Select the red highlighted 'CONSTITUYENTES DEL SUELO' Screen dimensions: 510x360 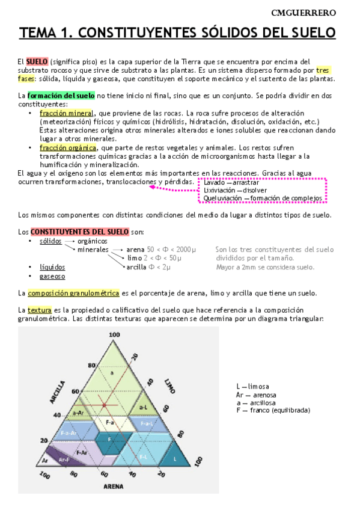[x=72, y=232]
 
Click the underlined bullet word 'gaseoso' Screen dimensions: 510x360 [x=52, y=276]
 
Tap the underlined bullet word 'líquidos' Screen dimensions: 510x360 [x=52, y=267]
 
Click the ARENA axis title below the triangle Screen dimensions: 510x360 [x=113, y=486]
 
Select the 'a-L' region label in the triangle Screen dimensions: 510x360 [x=144, y=407]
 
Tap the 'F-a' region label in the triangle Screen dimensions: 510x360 [x=110, y=423]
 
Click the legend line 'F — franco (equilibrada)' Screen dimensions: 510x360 [x=273, y=410]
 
